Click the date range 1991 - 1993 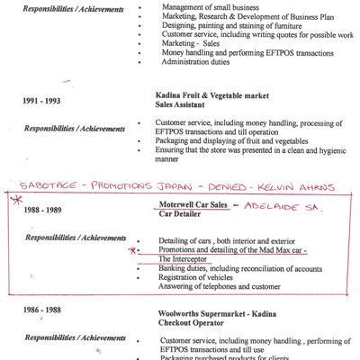tap(42, 102)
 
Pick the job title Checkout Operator tap(191, 323)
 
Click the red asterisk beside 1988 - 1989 tap(13, 199)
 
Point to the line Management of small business tap(211, 7)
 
